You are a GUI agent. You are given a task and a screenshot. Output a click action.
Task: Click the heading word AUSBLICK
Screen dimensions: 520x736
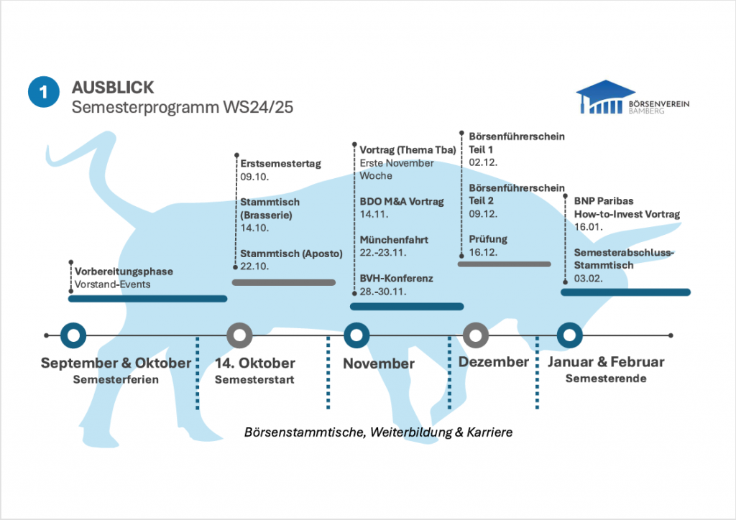(113, 88)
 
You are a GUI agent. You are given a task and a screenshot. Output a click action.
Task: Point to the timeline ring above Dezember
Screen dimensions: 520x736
(475, 335)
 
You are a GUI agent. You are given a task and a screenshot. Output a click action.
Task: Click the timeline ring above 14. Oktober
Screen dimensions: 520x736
(239, 335)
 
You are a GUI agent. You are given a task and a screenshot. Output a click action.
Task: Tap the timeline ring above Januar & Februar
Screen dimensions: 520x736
(569, 335)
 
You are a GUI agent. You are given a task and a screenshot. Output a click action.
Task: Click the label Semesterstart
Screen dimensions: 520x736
(254, 379)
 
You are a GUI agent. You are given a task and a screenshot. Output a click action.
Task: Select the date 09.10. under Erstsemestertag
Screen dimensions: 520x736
(254, 176)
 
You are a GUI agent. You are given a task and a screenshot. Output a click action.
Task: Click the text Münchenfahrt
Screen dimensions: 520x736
(394, 240)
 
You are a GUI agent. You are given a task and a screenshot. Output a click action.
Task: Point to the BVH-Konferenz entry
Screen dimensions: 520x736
(397, 279)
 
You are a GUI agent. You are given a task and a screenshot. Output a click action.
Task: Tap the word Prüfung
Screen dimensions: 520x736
(488, 239)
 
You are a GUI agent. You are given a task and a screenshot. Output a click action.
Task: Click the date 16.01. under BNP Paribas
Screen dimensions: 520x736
(588, 226)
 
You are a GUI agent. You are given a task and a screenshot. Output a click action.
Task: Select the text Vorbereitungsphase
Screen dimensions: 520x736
(124, 272)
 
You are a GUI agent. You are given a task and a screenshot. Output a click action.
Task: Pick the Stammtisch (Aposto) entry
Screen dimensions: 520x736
(291, 254)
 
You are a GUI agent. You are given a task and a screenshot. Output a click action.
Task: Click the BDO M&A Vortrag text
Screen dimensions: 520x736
(402, 202)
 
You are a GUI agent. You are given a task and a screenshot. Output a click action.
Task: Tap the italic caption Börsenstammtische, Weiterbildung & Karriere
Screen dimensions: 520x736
(378, 433)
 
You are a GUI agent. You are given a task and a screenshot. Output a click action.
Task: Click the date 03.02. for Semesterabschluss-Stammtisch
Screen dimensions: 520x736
(589, 278)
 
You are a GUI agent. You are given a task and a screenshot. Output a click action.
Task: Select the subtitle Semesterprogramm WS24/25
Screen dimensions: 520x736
(183, 107)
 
